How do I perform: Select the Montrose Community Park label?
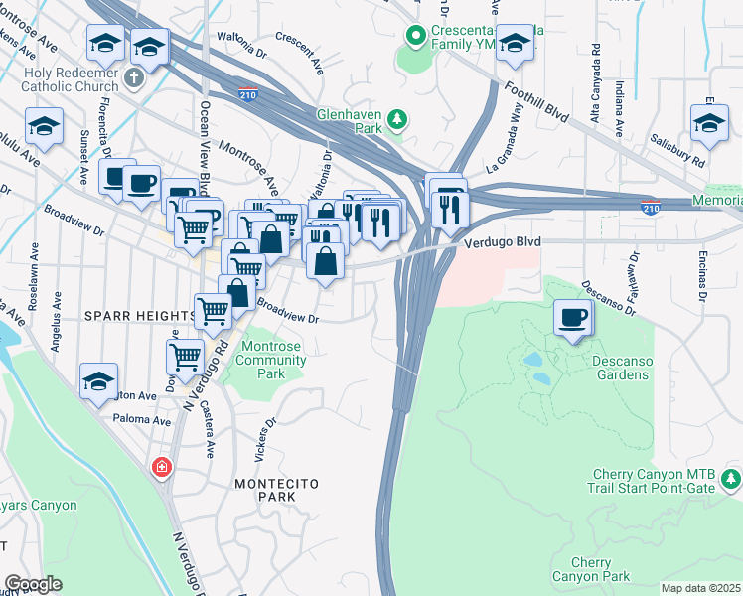[x=271, y=360]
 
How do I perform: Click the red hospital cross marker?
[x=160, y=467]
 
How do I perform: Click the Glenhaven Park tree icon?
[x=397, y=120]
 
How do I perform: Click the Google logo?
[x=33, y=584]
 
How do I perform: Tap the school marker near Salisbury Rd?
[x=709, y=123]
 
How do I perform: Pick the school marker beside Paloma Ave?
[x=99, y=381]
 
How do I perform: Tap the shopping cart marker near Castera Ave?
[x=186, y=355]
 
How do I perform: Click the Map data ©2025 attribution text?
[x=700, y=588]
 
